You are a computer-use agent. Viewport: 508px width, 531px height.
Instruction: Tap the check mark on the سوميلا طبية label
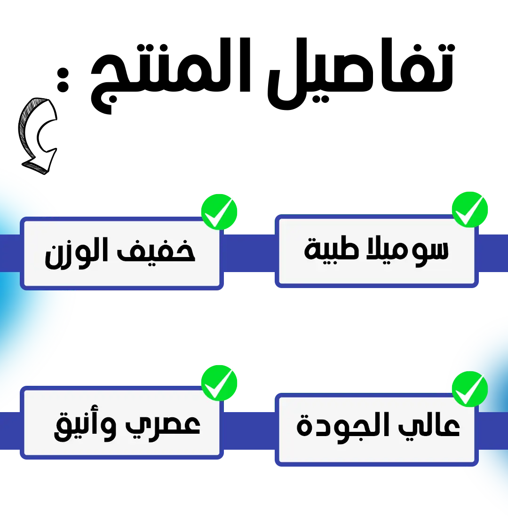[469, 210]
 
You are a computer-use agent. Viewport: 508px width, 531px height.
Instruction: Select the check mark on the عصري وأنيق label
[218, 383]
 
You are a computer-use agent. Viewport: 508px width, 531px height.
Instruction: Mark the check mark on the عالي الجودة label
[469, 389]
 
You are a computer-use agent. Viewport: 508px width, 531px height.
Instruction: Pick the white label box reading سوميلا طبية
[376, 273]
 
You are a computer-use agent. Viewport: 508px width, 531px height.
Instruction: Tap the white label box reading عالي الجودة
[376, 451]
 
